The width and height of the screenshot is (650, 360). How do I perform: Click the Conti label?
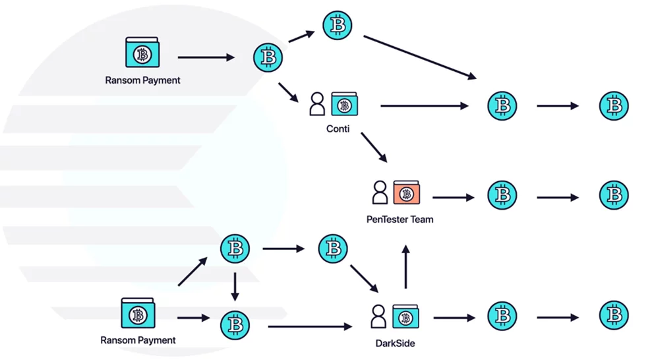[x=338, y=129]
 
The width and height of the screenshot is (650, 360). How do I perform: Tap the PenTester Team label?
[x=399, y=219]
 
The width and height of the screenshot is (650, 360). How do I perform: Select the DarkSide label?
[x=395, y=343]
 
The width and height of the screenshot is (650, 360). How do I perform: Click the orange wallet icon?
[x=406, y=193]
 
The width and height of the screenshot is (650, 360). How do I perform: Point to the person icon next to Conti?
[x=317, y=104]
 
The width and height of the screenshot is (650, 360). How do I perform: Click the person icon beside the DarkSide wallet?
[x=378, y=316]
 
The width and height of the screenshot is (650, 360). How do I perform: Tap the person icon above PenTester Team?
[x=379, y=193]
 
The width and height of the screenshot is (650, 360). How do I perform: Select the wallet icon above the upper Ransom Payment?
[x=142, y=52]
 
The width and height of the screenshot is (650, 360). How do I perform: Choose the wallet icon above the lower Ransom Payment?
[x=138, y=313]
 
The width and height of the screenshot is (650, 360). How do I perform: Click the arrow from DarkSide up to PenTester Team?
[x=406, y=266]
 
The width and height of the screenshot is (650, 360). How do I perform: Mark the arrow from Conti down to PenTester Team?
[x=374, y=147]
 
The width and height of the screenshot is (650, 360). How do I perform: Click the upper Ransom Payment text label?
[x=142, y=80]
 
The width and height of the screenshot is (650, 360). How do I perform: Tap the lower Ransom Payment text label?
[x=138, y=340]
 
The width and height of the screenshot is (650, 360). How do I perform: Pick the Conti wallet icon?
[x=344, y=104]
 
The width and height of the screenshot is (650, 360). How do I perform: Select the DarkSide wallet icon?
[x=405, y=316]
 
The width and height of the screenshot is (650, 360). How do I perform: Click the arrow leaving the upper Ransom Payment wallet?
[x=206, y=57]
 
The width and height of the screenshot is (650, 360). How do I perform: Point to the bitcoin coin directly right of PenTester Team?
[x=502, y=195]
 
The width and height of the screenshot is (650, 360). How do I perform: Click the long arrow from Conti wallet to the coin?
[x=425, y=105]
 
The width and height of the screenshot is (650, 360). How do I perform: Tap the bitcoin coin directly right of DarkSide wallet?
[x=502, y=316]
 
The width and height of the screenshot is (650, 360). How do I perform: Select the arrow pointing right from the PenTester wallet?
[x=454, y=197]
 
